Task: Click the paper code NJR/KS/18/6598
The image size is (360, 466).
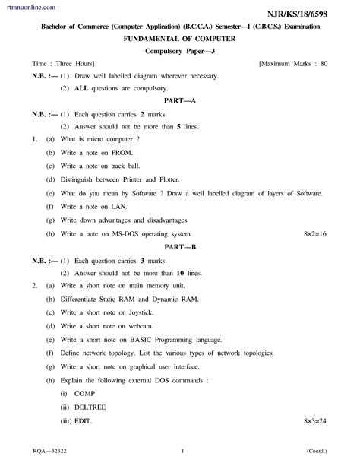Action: (312, 14)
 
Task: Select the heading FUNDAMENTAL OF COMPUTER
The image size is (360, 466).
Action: (179, 38)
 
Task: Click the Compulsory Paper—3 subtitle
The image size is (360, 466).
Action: (179, 50)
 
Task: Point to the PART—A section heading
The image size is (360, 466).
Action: (179, 100)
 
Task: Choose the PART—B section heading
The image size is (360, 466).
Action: (179, 247)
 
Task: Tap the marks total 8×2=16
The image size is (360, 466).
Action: (314, 233)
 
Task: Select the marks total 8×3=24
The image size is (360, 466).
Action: (314, 420)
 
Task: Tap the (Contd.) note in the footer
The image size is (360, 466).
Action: (318, 451)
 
